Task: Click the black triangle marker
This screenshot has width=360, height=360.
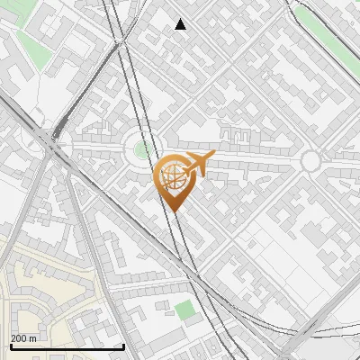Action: pyautogui.click(x=181, y=24)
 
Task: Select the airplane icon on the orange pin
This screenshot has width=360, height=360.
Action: pyautogui.click(x=196, y=165)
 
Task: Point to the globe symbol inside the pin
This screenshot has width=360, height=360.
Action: pyautogui.click(x=173, y=176)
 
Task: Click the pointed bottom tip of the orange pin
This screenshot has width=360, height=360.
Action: pyautogui.click(x=174, y=211)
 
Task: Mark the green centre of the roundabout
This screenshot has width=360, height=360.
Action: pyautogui.click(x=141, y=149)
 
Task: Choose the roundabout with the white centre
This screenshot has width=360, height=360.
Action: pyautogui.click(x=310, y=160)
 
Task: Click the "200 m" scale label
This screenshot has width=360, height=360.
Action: pyautogui.click(x=23, y=338)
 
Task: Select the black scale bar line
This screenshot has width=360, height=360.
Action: pyautogui.click(x=67, y=346)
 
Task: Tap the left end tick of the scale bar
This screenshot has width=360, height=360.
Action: pyautogui.click(x=10, y=345)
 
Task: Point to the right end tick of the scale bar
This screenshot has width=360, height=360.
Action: pyautogui.click(x=123, y=345)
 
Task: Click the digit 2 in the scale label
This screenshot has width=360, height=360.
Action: pyautogui.click(x=13, y=338)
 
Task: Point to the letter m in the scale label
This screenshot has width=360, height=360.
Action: pyautogui.click(x=32, y=338)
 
